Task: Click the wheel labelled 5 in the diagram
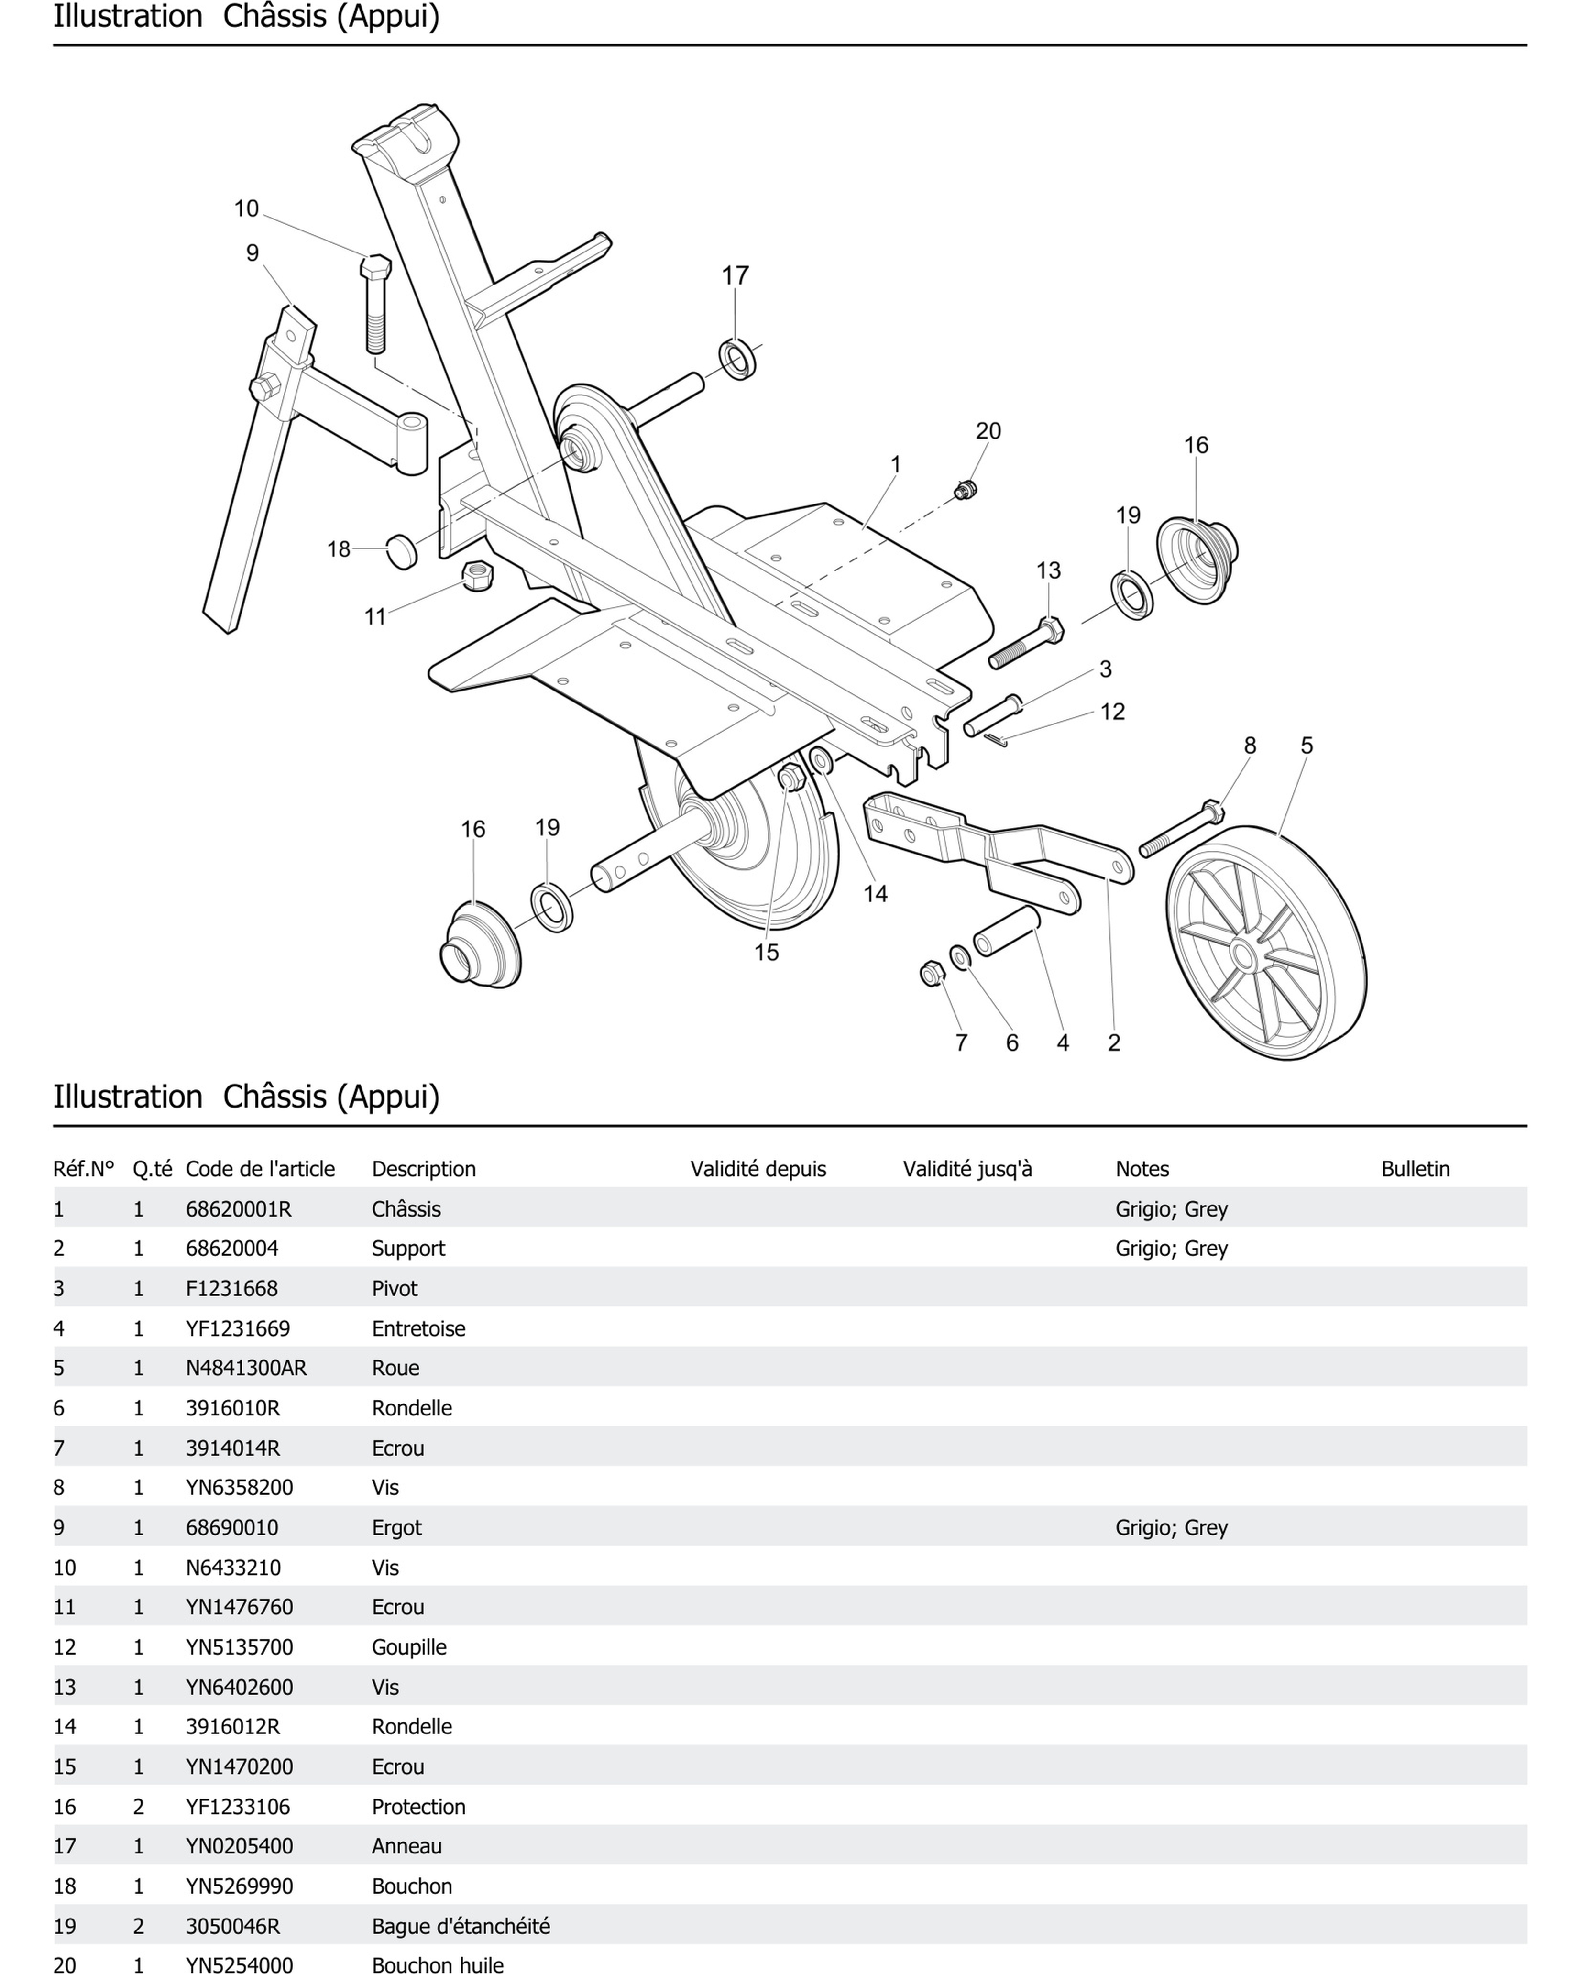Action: click(x=1266, y=943)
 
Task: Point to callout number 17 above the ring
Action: click(x=735, y=275)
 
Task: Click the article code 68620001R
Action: click(x=238, y=1208)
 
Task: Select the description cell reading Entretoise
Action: click(x=418, y=1327)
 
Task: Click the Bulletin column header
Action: click(x=1415, y=1168)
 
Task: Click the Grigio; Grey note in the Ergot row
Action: click(x=1171, y=1527)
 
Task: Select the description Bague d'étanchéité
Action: click(x=461, y=1926)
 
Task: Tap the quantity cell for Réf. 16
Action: click(x=138, y=1807)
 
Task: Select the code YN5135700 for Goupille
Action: click(x=239, y=1647)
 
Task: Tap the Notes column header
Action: click(x=1142, y=1168)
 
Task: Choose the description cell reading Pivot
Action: click(x=395, y=1288)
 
